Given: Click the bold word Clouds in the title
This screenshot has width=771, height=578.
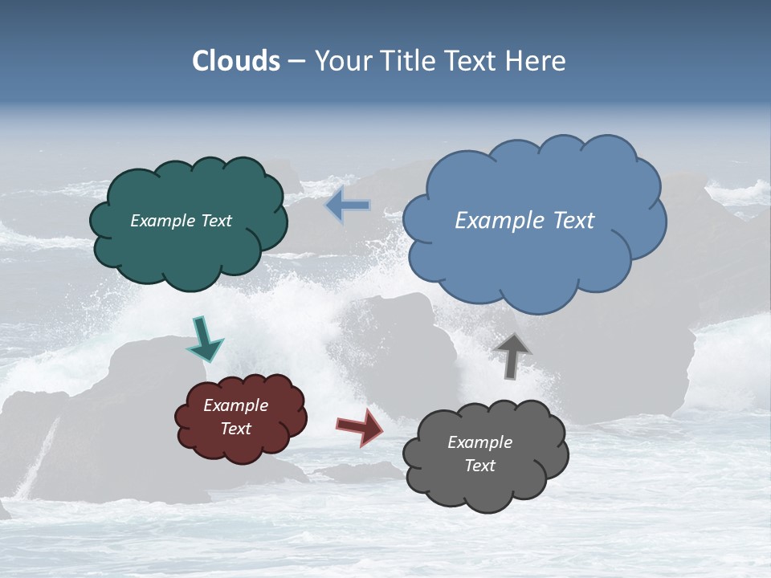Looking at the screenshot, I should pyautogui.click(x=236, y=61).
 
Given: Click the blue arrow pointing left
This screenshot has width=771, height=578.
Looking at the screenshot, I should pyautogui.click(x=349, y=206).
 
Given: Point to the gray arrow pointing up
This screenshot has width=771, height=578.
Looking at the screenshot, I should pyautogui.click(x=512, y=354).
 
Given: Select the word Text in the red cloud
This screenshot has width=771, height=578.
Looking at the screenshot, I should pyautogui.click(x=236, y=429).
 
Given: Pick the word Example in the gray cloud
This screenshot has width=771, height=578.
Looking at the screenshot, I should pyautogui.click(x=479, y=442).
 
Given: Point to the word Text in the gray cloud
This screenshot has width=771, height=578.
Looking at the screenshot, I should pyautogui.click(x=479, y=466).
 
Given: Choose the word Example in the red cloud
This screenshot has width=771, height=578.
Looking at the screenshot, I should pyautogui.click(x=236, y=405).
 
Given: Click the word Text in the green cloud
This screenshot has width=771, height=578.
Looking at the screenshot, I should pyautogui.click(x=216, y=221).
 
